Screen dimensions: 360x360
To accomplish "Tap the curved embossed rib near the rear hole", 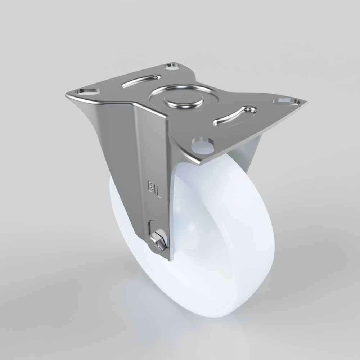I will pos(141,81).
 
